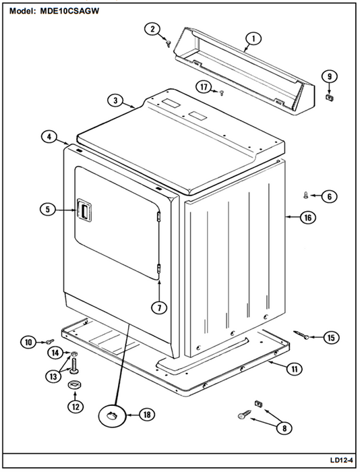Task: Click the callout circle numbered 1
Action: (253, 39)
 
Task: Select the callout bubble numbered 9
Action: (329, 76)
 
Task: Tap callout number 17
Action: (204, 87)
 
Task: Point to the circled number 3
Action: (115, 100)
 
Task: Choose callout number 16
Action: (307, 217)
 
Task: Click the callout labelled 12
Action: (76, 407)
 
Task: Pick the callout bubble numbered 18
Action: (147, 415)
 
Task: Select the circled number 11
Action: (295, 368)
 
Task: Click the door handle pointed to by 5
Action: (84, 210)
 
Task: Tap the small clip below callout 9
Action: (330, 97)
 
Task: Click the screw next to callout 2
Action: (169, 44)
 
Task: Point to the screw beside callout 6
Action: (306, 196)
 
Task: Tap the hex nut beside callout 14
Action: (73, 353)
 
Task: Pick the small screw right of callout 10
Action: (50, 341)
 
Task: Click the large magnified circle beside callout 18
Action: (112, 416)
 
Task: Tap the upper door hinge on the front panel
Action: (158, 216)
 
